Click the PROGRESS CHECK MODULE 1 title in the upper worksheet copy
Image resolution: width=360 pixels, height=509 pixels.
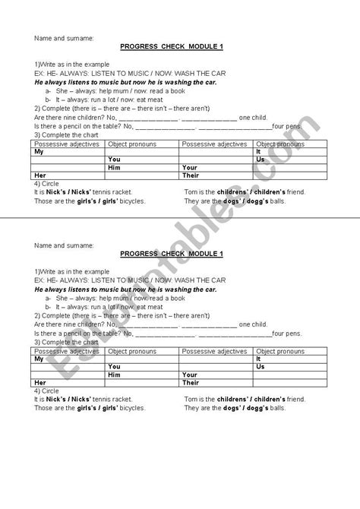pyautogui.click(x=179, y=46)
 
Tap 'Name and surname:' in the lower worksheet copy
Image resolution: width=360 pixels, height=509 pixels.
pyautogui.click(x=65, y=245)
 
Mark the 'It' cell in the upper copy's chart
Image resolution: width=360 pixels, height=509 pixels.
pyautogui.click(x=259, y=151)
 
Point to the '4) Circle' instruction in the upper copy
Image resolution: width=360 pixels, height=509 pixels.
pyautogui.click(x=48, y=183)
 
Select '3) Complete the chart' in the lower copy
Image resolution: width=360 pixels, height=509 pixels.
pyautogui.click(x=67, y=343)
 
